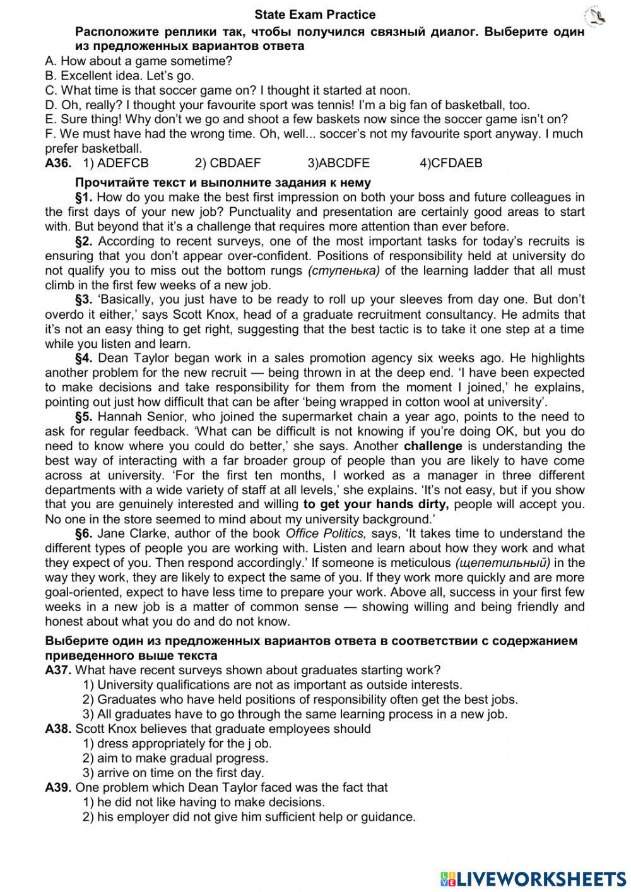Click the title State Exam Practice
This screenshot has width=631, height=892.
315,15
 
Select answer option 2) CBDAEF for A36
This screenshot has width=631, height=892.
227,164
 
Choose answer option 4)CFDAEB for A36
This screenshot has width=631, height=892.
451,164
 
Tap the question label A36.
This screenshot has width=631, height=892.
58,164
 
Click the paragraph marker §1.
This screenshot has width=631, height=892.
85,198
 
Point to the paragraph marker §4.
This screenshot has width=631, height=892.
85,359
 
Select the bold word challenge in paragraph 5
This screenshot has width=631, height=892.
433,446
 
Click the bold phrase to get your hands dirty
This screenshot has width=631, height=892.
376,504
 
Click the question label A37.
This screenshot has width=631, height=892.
58,670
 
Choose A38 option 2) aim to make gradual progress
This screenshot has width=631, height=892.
175,758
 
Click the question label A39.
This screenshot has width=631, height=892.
58,788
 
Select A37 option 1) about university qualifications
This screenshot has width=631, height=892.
272,685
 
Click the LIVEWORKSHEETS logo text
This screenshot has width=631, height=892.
540,878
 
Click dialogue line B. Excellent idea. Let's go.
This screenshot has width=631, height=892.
120,76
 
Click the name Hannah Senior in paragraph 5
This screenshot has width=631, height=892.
141,417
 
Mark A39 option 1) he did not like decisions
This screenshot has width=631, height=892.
204,802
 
